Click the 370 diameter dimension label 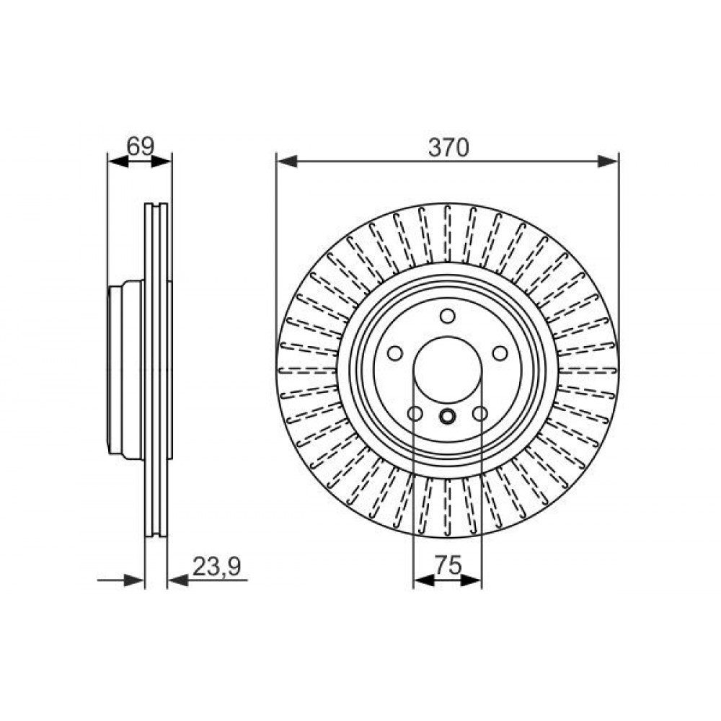pos(448,148)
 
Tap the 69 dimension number pos(141,146)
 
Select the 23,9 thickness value pos(216,567)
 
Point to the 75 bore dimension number pos(448,565)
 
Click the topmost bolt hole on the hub pos(448,317)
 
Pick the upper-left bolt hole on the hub pos(395,353)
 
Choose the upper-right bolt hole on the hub pos(500,353)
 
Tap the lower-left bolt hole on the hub pos(415,414)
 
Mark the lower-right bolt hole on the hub pos(480,414)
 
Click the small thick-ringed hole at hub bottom pos(448,417)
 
